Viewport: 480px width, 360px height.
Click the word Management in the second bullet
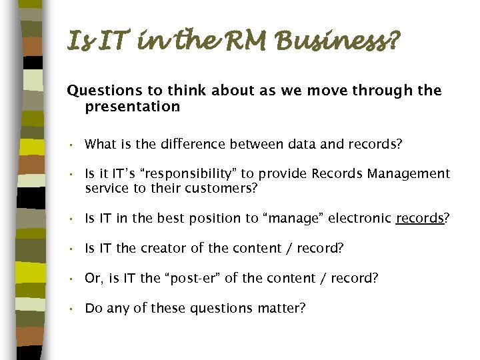tap(410, 174)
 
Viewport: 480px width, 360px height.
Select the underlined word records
tap(419, 218)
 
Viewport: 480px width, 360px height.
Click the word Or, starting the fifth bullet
tap(93, 279)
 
